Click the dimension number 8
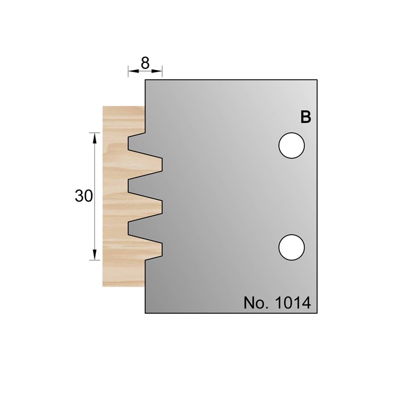coord(145,63)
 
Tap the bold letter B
coord(306,117)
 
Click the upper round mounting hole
coord(291,146)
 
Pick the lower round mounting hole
coord(291,247)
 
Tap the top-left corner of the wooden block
coord(103,106)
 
